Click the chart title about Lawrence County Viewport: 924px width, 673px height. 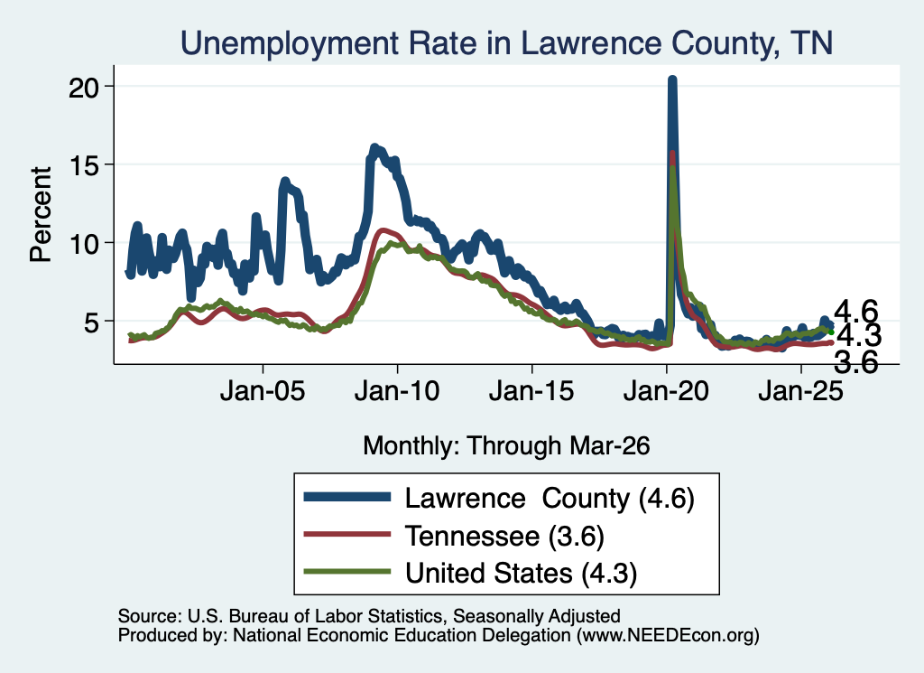[x=506, y=43]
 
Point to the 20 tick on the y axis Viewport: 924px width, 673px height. [x=83, y=88]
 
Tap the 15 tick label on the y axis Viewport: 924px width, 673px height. [x=83, y=165]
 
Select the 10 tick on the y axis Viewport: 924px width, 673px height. [x=83, y=244]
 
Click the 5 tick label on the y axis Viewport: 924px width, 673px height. [x=91, y=322]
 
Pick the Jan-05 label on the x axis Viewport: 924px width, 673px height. [x=263, y=390]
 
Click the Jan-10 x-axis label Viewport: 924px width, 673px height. [x=397, y=390]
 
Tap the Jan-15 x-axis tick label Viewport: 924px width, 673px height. [x=531, y=390]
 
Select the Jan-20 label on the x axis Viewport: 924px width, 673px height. [x=666, y=390]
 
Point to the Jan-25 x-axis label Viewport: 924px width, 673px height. [x=801, y=390]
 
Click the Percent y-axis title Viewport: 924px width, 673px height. [x=42, y=214]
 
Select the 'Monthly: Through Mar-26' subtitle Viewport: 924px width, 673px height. [x=506, y=446]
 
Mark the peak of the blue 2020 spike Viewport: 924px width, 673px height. [x=671, y=79]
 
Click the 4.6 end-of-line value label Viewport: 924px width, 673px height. [x=856, y=311]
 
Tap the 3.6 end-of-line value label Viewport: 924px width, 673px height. [x=856, y=362]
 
